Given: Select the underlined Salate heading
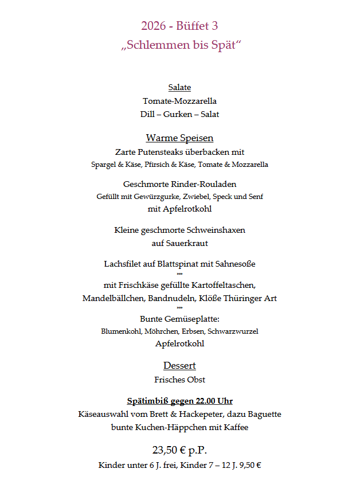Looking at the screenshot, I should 179,88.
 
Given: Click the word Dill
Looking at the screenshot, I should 147,114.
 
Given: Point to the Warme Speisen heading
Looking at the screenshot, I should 179,138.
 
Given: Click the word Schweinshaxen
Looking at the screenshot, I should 219,230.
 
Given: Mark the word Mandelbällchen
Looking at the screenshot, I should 111,298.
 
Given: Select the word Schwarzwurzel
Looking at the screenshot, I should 233,331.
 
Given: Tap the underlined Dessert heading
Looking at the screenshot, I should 179,366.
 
